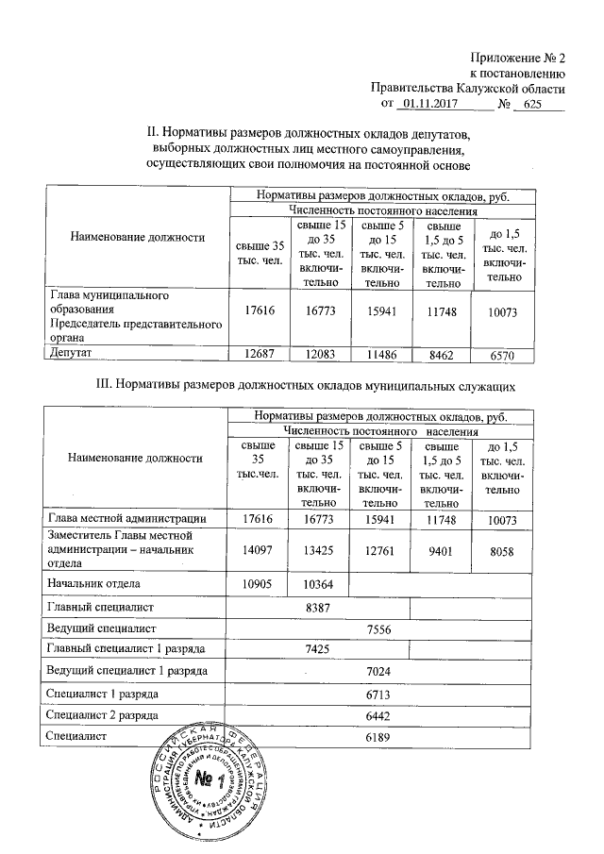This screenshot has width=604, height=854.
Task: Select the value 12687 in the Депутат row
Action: coord(258,353)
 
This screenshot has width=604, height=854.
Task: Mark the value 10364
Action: coord(317,584)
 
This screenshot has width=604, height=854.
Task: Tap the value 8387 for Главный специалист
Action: coord(318,607)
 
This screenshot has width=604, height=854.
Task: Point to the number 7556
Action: coord(378,628)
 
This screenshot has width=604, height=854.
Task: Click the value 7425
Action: coord(318,649)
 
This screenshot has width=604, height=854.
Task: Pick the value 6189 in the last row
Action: coord(378,736)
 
